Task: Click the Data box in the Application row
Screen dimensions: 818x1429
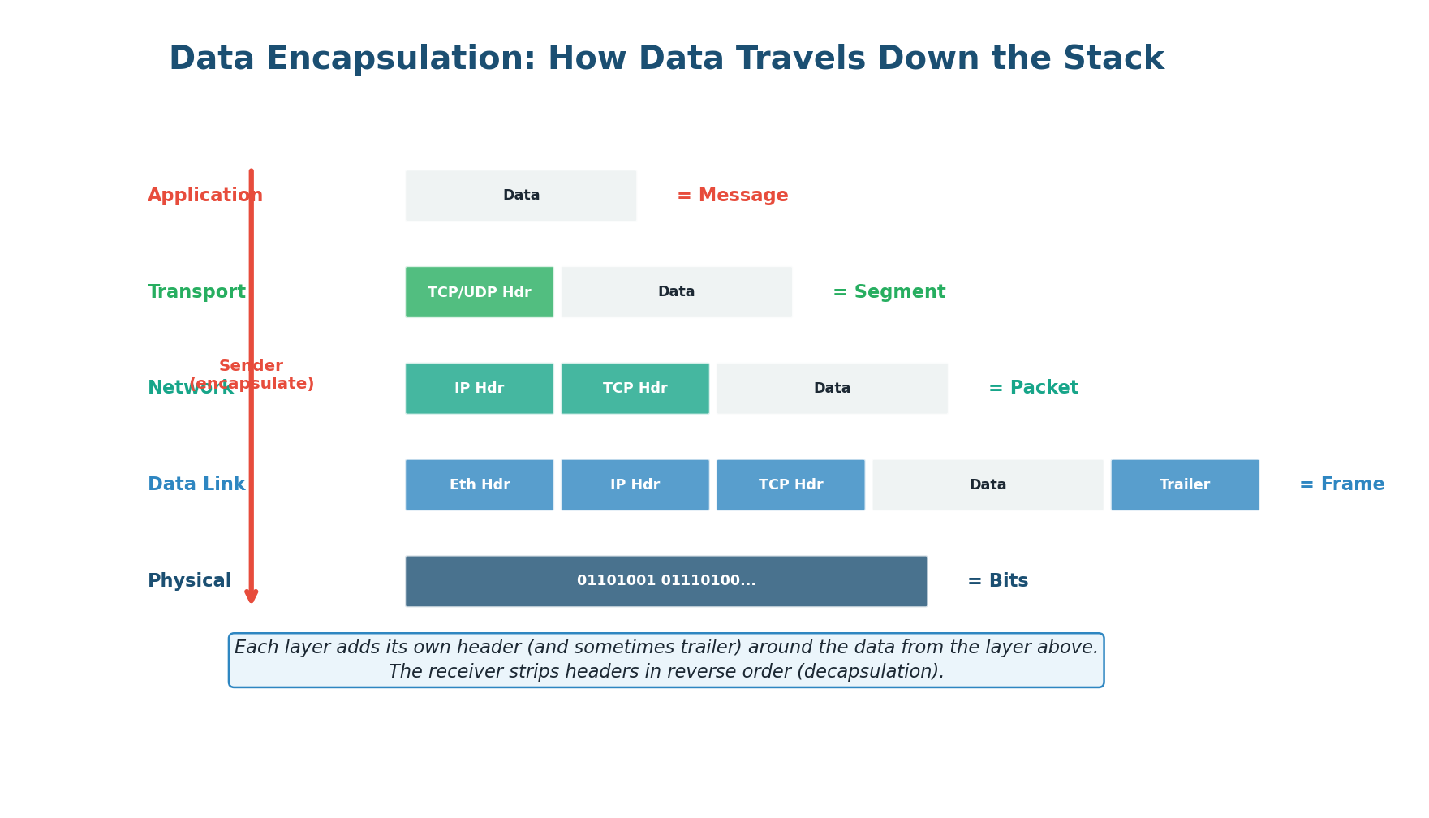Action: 521,196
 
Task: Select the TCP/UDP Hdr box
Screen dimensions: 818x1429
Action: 479,292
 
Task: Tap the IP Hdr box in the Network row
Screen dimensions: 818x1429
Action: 479,389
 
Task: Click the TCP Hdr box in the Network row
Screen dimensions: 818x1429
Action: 635,389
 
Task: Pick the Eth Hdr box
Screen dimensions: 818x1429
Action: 479,485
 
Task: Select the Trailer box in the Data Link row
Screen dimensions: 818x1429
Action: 1185,485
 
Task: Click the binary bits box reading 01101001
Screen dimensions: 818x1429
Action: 665,581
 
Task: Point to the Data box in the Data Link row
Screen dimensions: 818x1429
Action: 988,485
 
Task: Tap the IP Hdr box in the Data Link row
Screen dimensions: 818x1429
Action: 635,485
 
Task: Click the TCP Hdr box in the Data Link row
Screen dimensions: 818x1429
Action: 790,485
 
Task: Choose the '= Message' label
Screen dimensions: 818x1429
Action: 732,196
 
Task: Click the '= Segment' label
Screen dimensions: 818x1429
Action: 889,292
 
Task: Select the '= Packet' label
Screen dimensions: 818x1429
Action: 1033,389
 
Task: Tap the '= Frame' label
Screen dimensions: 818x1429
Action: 1341,485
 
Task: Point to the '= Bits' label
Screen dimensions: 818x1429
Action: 997,581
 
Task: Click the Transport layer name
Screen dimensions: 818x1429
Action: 196,292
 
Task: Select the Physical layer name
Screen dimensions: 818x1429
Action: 189,581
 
